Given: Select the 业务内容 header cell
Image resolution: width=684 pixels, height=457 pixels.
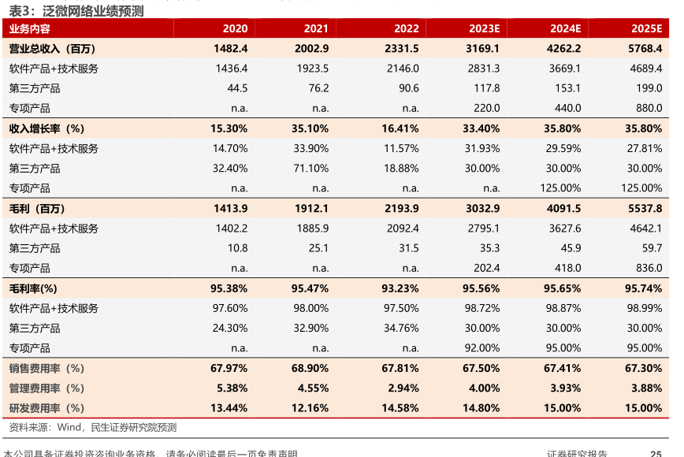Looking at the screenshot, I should pyautogui.click(x=30, y=28).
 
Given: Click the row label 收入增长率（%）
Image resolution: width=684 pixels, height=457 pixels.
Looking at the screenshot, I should pyautogui.click(x=46, y=128).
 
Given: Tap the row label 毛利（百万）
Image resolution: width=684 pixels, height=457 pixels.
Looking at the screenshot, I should pyautogui.click(x=37, y=208).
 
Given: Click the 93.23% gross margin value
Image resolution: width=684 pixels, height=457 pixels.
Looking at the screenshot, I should pyautogui.click(x=400, y=288).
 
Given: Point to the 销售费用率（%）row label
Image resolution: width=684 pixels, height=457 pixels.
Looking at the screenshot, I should pyautogui.click(x=46, y=368).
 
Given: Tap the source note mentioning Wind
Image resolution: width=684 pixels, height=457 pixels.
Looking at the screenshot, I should pyautogui.click(x=93, y=427).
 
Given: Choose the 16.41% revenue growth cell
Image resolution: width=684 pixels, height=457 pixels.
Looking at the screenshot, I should pyautogui.click(x=400, y=128).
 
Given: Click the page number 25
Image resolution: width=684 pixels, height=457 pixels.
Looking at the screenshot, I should pyautogui.click(x=655, y=453).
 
